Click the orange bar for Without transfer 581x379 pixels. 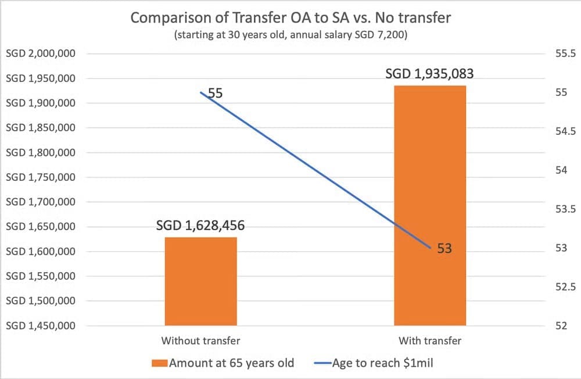click(x=200, y=281)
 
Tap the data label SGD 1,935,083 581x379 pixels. click(x=430, y=74)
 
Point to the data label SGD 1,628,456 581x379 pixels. click(x=200, y=225)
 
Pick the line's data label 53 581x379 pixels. click(x=444, y=249)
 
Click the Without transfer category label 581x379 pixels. click(x=200, y=340)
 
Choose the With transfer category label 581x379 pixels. click(x=430, y=340)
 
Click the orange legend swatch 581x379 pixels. click(x=159, y=363)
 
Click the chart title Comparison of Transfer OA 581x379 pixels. click(x=290, y=18)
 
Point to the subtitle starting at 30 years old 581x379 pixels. click(x=290, y=35)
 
